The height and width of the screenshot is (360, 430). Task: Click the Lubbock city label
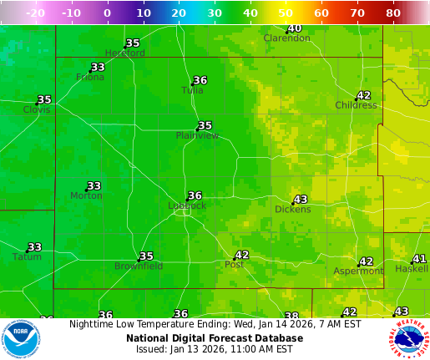(x=186, y=205)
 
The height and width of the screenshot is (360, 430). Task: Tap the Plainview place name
(x=197, y=135)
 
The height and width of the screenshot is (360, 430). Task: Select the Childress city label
(x=356, y=105)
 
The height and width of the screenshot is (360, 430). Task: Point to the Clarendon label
(x=286, y=38)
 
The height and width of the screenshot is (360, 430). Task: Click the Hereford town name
(x=124, y=53)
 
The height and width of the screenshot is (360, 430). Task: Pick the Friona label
(x=90, y=77)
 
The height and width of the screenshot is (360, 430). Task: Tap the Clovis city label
(x=37, y=109)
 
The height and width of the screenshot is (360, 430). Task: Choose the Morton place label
(x=86, y=195)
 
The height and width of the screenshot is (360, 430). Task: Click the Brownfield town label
(x=139, y=266)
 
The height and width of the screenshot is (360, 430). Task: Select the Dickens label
(x=292, y=210)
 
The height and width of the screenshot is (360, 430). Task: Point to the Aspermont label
(x=358, y=271)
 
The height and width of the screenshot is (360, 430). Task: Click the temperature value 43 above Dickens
(x=301, y=200)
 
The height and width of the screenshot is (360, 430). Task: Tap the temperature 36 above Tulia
(x=200, y=81)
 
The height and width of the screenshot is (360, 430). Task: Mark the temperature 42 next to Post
(x=242, y=255)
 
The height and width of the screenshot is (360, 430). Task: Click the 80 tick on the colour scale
(x=393, y=13)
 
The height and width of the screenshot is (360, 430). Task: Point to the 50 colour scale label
(x=286, y=13)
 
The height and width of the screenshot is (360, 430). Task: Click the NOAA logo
(x=22, y=339)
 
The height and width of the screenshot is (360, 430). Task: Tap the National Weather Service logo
(x=407, y=339)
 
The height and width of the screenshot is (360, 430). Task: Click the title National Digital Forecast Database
(x=215, y=338)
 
